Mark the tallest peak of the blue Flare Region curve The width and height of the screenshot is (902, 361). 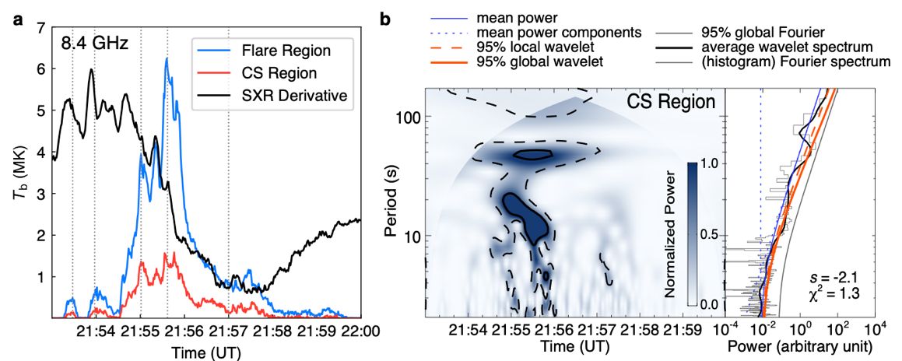(167, 59)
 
